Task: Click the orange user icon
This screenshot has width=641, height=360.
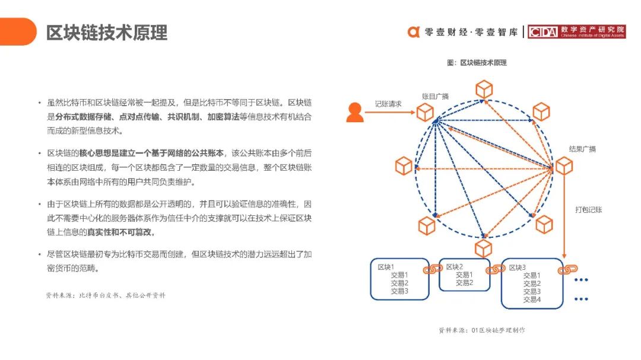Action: coord(354,112)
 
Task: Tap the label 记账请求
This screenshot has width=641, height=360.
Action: coord(388,104)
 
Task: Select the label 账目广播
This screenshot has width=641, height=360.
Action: coord(435,97)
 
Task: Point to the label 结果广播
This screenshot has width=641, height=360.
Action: coord(582,149)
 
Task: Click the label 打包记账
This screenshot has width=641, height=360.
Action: coord(588,209)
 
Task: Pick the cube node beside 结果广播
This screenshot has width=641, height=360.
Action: coord(564,166)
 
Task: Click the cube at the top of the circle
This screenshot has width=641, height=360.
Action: coord(484,90)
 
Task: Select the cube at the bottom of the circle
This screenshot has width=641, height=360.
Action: coord(483,249)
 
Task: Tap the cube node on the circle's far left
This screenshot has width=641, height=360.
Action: coord(404,166)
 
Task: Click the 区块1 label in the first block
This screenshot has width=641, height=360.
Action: coord(386,267)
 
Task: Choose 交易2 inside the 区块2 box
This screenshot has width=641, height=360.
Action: coord(464,283)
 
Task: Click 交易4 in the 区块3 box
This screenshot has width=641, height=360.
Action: coord(532,300)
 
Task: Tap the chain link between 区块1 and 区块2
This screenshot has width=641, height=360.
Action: coord(433,269)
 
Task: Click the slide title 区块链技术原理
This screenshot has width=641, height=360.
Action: coord(107,33)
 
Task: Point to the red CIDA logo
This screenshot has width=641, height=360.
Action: coord(576,31)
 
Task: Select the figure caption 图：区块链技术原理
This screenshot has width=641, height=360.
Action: coord(477,62)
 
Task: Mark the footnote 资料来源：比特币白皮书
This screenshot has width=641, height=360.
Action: coord(106,295)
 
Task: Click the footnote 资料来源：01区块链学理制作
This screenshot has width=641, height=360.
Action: coord(482,330)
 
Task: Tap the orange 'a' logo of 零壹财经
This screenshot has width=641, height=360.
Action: coord(413,32)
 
